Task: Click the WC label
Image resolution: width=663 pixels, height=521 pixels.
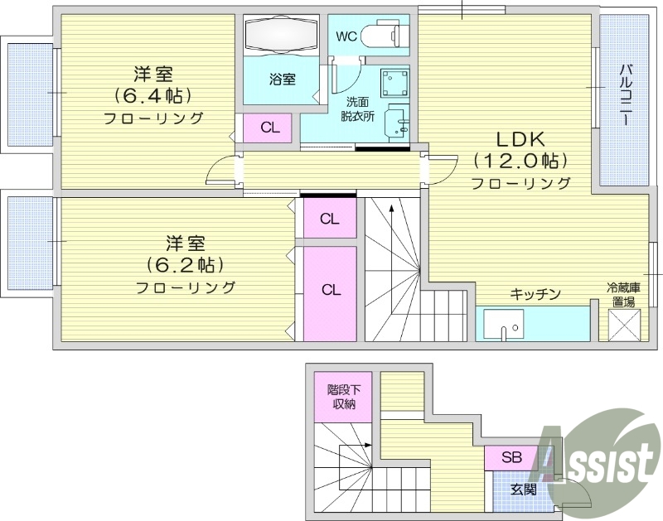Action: (346, 37)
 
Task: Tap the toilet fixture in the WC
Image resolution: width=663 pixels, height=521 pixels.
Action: (386, 36)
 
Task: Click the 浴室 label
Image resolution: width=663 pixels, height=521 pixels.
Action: (282, 80)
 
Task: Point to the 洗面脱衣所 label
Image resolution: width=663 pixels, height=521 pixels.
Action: (358, 109)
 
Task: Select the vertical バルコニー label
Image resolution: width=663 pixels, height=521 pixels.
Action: (627, 94)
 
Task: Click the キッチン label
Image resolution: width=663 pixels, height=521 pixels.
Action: (535, 294)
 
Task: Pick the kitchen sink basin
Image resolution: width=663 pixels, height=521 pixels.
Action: (504, 325)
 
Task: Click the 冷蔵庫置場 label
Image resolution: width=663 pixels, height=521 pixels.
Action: (623, 295)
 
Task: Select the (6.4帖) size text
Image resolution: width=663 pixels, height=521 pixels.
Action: (154, 94)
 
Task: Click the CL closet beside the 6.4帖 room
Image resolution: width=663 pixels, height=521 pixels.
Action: (269, 128)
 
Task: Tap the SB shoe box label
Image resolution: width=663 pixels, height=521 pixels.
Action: (511, 457)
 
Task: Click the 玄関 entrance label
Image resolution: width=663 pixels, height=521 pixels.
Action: (524, 490)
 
